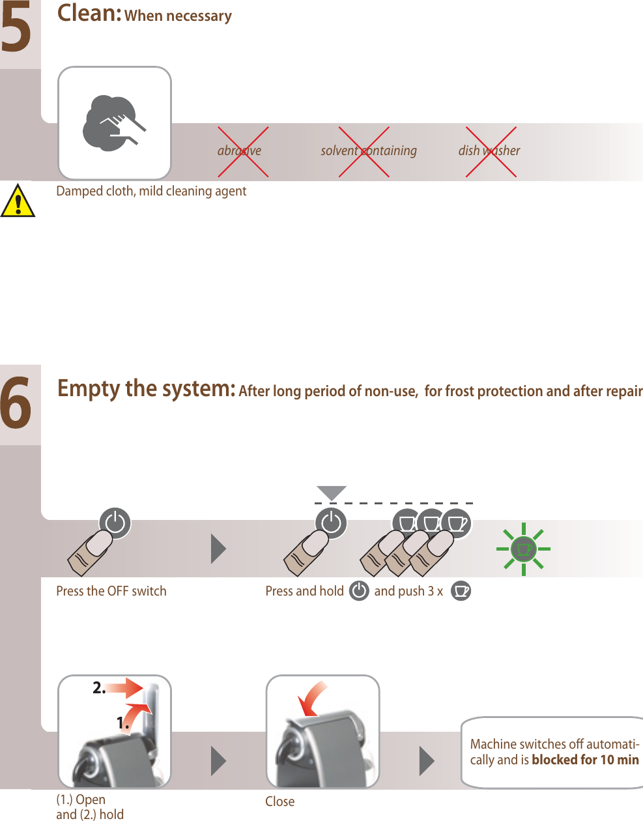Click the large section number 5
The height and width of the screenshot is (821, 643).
click(16, 29)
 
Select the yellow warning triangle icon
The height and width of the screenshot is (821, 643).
click(18, 201)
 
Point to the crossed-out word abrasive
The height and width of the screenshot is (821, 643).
click(240, 151)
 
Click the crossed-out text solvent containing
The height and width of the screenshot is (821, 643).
click(368, 151)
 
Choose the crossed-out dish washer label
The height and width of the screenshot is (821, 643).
click(489, 151)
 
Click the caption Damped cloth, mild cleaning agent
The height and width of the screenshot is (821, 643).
click(151, 191)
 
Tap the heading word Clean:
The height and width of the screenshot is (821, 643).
click(89, 14)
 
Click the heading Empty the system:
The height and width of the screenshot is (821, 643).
click(146, 389)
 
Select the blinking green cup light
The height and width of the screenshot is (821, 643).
click(523, 549)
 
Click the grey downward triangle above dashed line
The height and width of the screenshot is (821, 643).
click(331, 493)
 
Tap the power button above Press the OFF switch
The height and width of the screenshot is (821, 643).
click(115, 523)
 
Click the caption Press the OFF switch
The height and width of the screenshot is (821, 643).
click(111, 591)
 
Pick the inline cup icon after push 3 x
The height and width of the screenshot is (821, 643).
click(461, 591)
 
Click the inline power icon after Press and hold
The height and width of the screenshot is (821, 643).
click(359, 591)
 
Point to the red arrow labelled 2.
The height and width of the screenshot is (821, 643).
click(126, 688)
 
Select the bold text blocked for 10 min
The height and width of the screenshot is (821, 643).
click(585, 760)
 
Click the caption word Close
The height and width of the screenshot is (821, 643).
click(279, 801)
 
